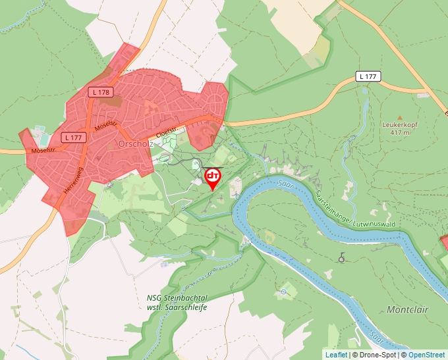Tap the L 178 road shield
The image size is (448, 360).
[101, 92]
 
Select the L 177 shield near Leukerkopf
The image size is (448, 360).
[368, 77]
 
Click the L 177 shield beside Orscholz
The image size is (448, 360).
[73, 138]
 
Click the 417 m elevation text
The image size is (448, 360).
[400, 132]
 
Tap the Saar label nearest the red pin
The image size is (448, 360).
[285, 184]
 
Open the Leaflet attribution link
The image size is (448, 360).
[336, 355]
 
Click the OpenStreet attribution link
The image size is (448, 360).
[426, 355]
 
